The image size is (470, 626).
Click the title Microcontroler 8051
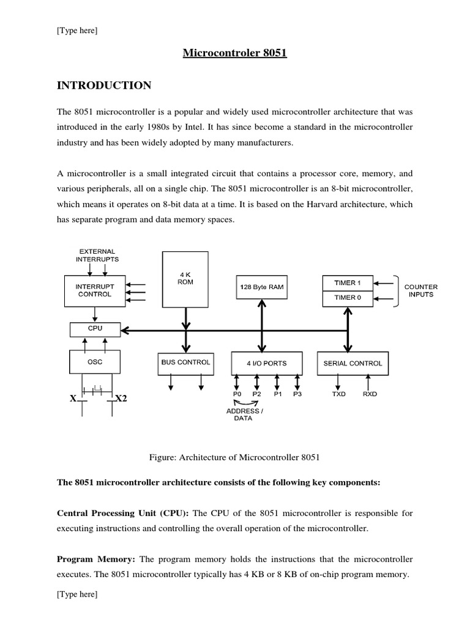pos(235,53)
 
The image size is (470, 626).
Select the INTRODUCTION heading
pos(104,86)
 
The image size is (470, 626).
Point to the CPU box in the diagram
pos(95,329)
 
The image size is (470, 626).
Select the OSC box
pos(95,362)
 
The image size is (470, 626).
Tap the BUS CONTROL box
pos(185,363)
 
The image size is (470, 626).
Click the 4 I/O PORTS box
pos(266,363)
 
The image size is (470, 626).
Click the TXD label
pos(338,394)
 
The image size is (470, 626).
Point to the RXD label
pos(370,394)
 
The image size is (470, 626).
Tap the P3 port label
pos(297,394)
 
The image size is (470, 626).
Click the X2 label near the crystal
pos(121,399)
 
